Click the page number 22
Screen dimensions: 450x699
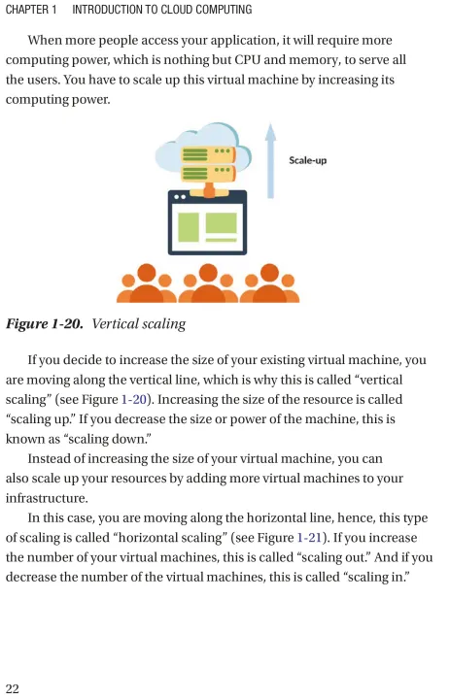coord(12,688)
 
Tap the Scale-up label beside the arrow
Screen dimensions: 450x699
coord(307,160)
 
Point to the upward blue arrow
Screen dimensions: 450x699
coord(270,160)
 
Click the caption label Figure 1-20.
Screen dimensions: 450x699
coord(44,323)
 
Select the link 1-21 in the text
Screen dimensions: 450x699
coord(309,538)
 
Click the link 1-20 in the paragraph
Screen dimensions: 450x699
coord(134,399)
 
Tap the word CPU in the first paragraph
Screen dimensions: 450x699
coord(247,60)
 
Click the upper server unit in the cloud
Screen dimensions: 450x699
coord(208,154)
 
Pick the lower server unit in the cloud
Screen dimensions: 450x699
coord(208,173)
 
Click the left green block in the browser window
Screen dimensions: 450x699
coord(189,227)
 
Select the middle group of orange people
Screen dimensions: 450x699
coord(208,283)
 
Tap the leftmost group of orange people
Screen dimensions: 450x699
coord(147,283)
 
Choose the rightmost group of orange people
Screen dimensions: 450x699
coord(269,283)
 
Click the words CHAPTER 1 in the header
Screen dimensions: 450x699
coord(31,10)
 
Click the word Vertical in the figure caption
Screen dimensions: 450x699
coord(115,323)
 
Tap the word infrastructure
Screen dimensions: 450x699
coord(47,498)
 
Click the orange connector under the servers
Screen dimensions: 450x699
coord(209,190)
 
